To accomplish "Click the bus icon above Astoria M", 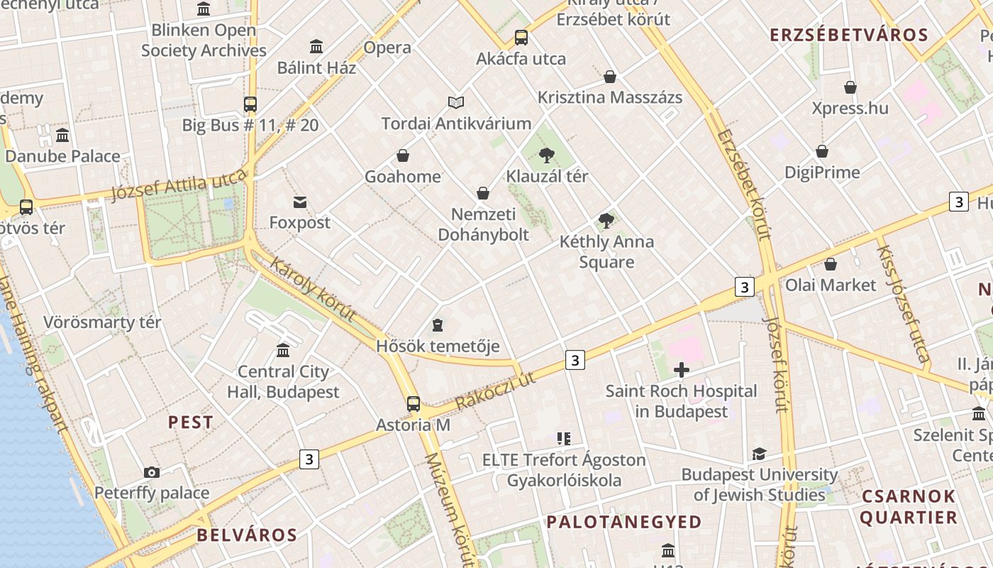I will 414,404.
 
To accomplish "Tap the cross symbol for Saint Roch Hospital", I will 682,370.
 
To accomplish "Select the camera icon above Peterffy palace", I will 152,472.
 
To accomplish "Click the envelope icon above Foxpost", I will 300,202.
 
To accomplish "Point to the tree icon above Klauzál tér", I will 547,155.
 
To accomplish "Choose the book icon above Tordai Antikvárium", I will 456,103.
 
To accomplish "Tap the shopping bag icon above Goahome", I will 403,155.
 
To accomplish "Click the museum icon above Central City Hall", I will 283,351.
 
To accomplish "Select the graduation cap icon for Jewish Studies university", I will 760,454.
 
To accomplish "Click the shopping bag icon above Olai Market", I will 831,264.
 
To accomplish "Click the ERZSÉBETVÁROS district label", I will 849,35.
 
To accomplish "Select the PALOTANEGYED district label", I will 624,522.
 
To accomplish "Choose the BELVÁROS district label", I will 247,535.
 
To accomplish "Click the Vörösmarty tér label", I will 103,322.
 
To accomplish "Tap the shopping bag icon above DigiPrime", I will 822,151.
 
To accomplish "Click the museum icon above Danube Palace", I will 62,136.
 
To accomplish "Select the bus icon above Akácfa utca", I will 521,38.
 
